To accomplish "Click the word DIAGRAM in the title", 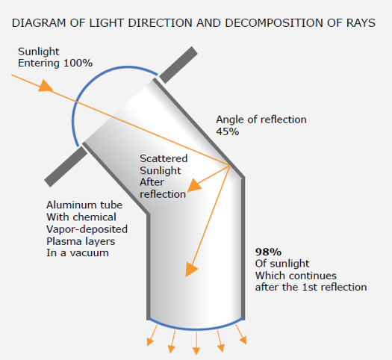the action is click(x=39, y=23).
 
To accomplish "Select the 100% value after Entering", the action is click(x=78, y=63).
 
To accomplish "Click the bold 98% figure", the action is click(x=268, y=252).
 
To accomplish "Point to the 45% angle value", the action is click(x=227, y=131).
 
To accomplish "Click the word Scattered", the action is click(x=164, y=158).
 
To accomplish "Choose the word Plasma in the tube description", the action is click(x=62, y=241).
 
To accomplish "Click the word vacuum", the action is click(x=90, y=253).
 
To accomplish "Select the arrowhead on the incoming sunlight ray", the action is click(x=46, y=86).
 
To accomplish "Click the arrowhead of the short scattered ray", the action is click(x=194, y=185).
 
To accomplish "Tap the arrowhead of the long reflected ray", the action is click(x=191, y=270).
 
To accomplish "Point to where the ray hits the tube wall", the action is click(x=230, y=165).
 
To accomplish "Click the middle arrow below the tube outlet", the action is click(x=196, y=343).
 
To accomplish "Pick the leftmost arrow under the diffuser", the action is click(x=152, y=335).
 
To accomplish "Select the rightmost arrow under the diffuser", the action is click(x=241, y=335).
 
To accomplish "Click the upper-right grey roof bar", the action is click(x=178, y=65).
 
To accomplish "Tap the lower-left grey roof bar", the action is click(x=66, y=167).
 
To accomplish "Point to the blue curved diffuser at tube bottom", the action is click(x=196, y=329).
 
